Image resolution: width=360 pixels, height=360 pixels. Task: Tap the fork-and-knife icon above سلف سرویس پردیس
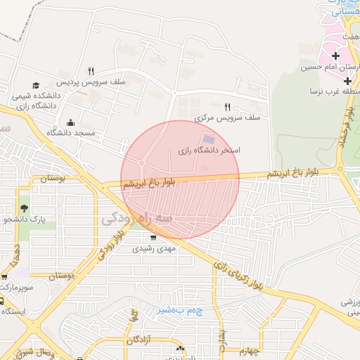pos(91,71)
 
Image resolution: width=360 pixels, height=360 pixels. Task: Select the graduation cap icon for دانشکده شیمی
pos(36,86)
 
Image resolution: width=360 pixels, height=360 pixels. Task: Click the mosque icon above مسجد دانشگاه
pos(70,122)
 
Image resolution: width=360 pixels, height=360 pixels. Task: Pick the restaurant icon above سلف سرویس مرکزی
pos(226,107)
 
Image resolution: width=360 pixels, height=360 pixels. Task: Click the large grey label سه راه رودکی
pos(136,219)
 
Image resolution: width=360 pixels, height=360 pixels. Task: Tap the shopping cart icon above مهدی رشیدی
pos(153,238)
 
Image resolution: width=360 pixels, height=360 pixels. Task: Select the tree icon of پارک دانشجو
pos(25,208)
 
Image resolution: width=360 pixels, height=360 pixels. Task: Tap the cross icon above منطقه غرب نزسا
pos(347,82)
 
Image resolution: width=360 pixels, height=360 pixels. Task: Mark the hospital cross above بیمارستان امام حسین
pos(335,56)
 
